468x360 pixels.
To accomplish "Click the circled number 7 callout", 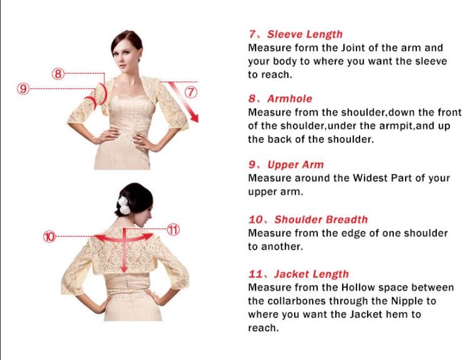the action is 191,92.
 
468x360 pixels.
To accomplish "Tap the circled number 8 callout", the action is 58,74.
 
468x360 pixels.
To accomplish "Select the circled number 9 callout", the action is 23,88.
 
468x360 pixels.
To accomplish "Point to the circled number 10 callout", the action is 49,237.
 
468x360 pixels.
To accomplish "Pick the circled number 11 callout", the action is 173,229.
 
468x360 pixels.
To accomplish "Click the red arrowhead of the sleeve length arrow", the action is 194,118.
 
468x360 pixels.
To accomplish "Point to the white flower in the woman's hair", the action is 124,205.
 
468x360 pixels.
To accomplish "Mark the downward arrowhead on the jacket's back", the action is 124,269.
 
